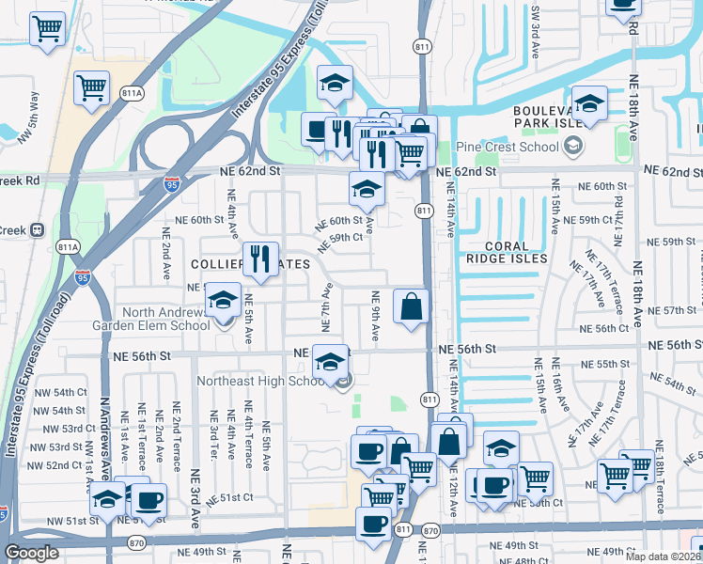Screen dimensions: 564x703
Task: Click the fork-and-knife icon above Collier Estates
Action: [x=260, y=258]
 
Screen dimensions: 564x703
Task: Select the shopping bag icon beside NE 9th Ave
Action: [x=411, y=306]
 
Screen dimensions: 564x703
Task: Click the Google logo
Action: [x=32, y=553]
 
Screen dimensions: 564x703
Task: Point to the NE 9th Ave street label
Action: [x=374, y=318]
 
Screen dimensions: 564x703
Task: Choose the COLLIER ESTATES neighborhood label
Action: [x=240, y=264]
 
